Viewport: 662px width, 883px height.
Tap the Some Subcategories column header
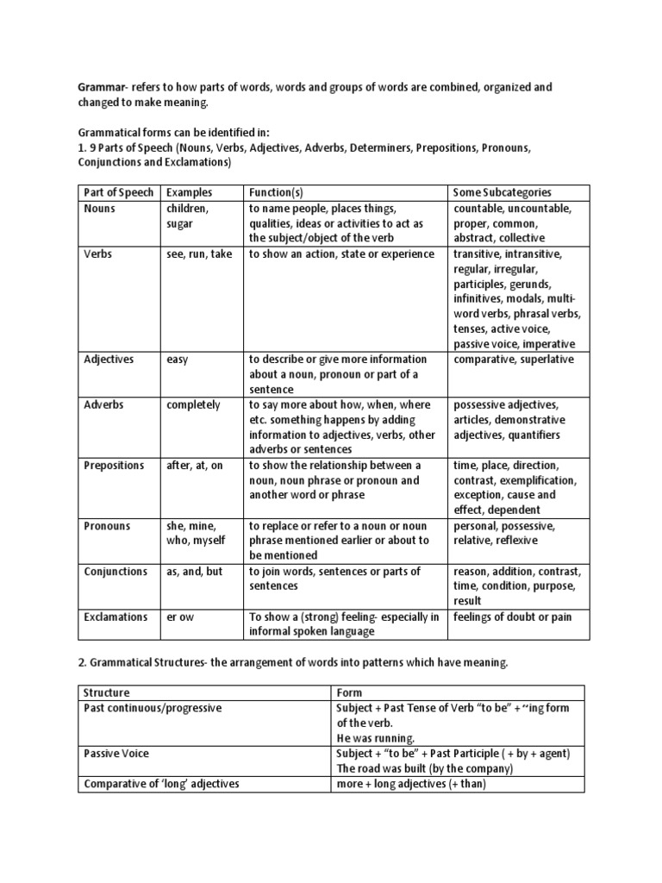click(x=502, y=192)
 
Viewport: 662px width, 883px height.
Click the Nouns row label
click(x=99, y=208)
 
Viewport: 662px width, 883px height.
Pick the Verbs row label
click(x=98, y=254)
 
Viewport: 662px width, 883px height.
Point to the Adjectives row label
click(x=109, y=359)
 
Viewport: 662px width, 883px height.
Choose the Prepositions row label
click(x=114, y=465)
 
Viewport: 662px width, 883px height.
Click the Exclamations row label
click(x=114, y=617)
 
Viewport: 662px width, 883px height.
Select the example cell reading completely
click(x=192, y=404)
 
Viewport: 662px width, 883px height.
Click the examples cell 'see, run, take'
click(x=198, y=254)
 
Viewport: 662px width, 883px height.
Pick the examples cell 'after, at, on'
click(x=194, y=465)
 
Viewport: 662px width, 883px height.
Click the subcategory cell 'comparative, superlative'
click(x=513, y=359)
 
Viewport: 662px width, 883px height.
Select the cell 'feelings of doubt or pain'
click(x=512, y=617)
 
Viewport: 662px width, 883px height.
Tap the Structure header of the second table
click(x=106, y=692)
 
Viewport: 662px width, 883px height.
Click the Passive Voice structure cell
click(x=116, y=753)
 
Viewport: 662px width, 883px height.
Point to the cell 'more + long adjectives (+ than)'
click(x=413, y=783)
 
